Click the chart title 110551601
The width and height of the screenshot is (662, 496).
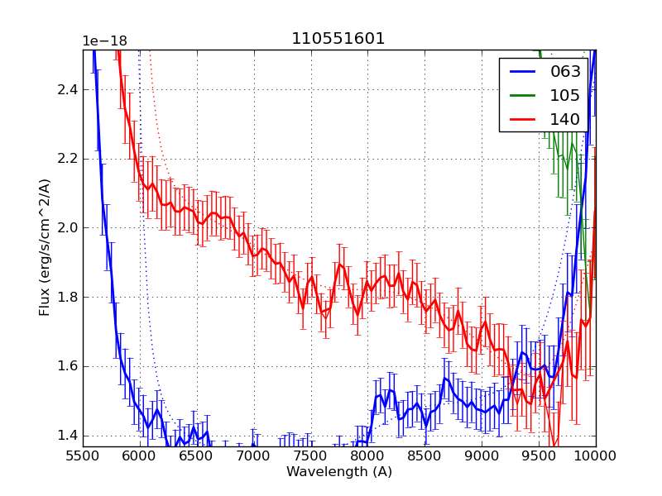click(338, 39)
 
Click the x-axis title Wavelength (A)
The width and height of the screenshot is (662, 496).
click(339, 472)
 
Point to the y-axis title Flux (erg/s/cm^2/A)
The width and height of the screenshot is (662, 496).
click(46, 247)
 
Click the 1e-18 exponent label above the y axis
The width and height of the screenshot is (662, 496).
click(104, 41)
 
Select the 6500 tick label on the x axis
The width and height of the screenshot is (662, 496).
click(197, 457)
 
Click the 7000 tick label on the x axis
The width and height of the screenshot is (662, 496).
click(254, 457)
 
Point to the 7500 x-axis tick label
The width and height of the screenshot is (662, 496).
click(311, 457)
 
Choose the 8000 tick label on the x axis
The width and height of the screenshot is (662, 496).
click(367, 457)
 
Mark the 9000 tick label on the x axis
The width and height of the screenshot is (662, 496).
click(482, 457)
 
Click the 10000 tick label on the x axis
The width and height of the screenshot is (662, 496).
click(595, 457)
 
